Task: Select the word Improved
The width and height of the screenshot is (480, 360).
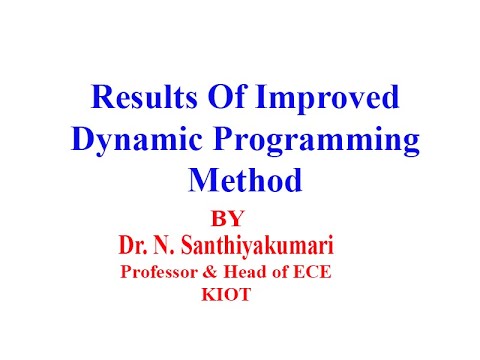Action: (x=329, y=100)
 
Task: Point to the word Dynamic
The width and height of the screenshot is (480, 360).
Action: (x=128, y=140)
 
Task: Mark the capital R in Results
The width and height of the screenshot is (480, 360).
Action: (x=103, y=98)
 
